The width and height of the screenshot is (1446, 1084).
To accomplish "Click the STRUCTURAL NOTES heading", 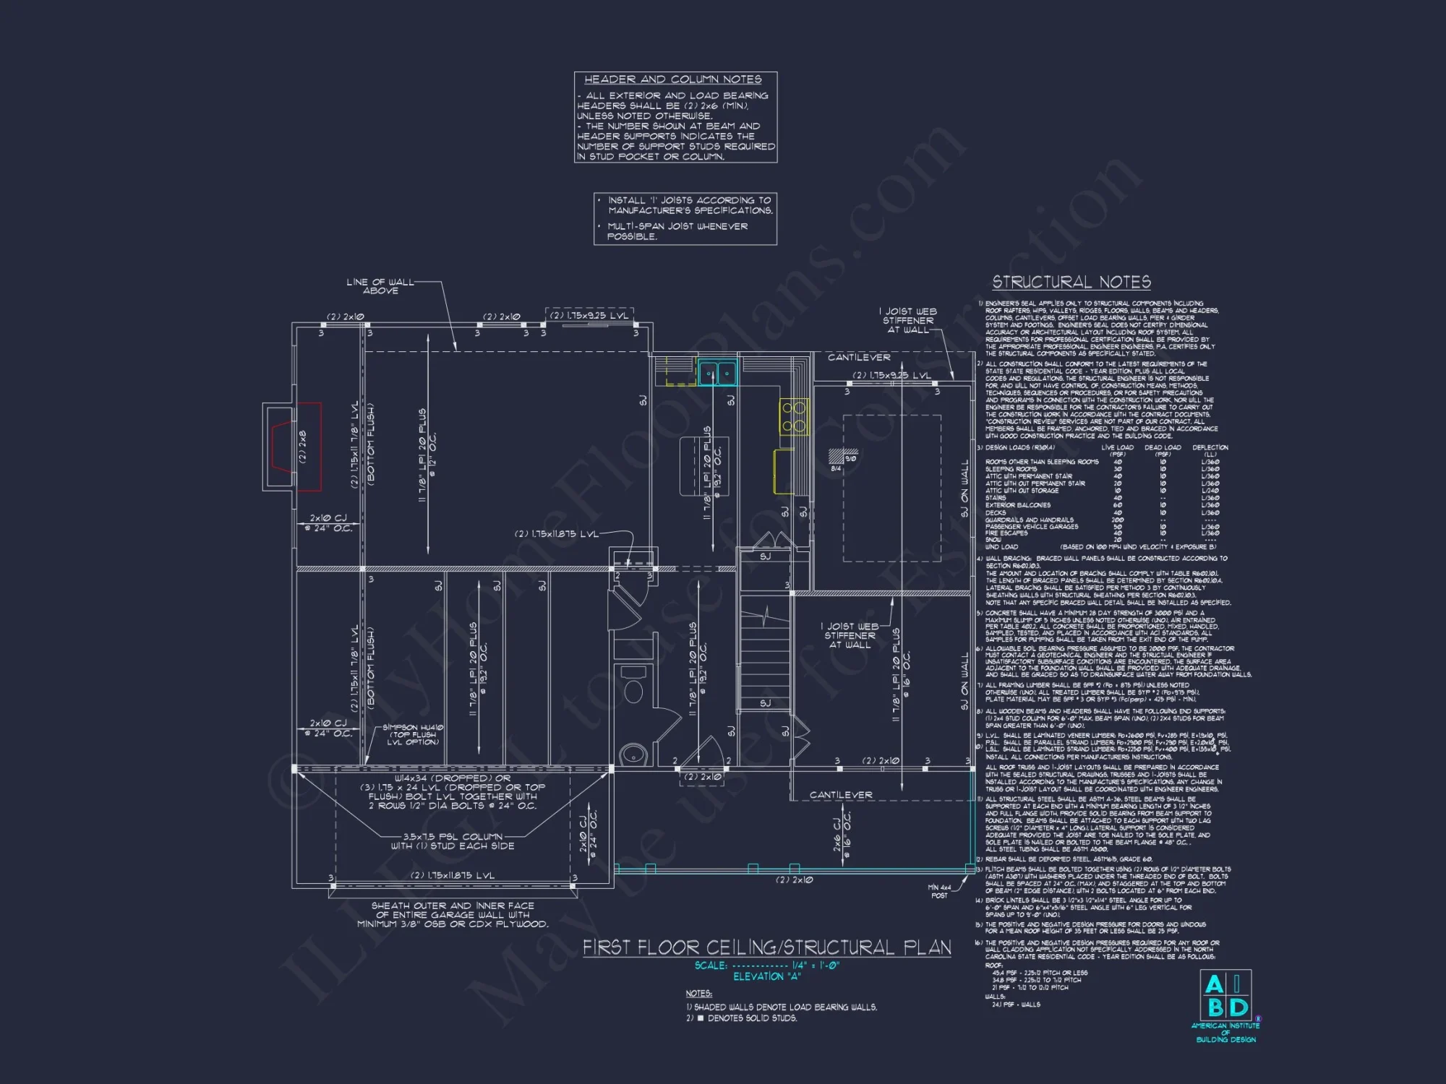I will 1071,283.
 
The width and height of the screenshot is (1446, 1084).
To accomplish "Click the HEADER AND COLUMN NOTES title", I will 672,79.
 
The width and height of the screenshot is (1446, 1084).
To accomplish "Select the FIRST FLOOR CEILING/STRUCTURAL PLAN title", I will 766,947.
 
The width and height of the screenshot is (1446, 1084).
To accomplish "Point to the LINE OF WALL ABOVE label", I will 380,286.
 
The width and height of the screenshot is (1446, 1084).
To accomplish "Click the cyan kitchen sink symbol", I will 717,374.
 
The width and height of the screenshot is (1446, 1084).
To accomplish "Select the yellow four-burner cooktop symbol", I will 793,417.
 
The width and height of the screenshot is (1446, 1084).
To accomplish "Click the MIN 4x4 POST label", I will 939,891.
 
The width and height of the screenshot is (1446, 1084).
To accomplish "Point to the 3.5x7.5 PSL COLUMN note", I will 453,841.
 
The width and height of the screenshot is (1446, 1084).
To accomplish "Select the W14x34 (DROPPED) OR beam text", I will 453,778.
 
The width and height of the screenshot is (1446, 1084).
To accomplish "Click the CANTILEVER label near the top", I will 859,358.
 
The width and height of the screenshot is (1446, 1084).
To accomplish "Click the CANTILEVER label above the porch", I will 840,795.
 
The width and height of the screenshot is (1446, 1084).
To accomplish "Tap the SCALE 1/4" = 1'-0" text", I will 766,965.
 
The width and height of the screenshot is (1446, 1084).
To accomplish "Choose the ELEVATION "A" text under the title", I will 766,977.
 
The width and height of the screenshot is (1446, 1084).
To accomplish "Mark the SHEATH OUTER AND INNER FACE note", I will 453,914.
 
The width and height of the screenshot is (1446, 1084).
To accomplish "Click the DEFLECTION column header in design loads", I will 1210,448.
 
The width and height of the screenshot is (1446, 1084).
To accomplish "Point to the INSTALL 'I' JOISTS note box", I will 685,218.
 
